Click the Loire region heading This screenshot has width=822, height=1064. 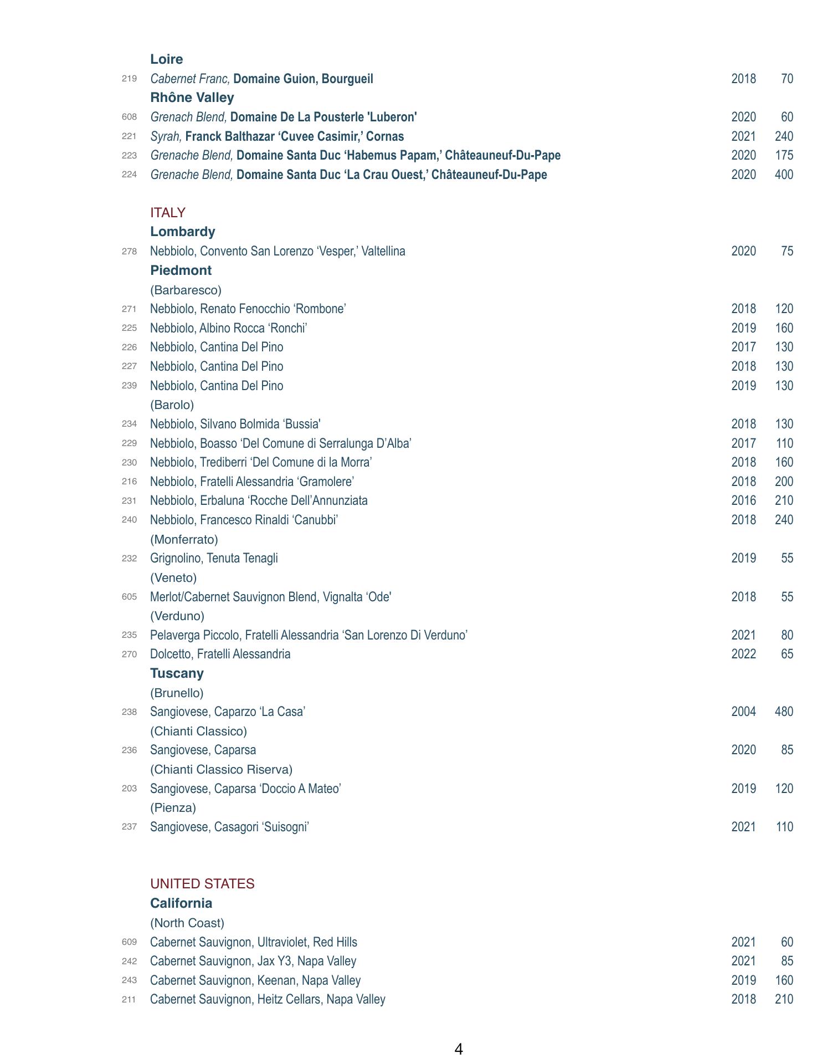pyautogui.click(x=166, y=59)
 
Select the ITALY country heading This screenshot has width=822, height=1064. pyautogui.click(x=167, y=213)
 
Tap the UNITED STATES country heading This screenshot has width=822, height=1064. pyautogui.click(x=202, y=884)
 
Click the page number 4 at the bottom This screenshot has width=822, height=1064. pyautogui.click(x=458, y=1049)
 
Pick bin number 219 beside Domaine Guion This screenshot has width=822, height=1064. pyautogui.click(x=129, y=79)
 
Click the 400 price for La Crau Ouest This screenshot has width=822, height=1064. pyautogui.click(x=784, y=175)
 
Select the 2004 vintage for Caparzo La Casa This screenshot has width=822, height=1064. pyautogui.click(x=743, y=712)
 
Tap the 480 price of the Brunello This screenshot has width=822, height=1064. pyautogui.click(x=784, y=712)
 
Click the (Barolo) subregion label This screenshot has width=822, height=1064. pyautogui.click(x=172, y=405)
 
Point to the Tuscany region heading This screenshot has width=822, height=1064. pyautogui.click(x=177, y=673)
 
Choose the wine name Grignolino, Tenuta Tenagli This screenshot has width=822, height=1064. pyautogui.click(x=214, y=558)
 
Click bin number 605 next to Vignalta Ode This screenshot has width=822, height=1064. pyautogui.click(x=129, y=597)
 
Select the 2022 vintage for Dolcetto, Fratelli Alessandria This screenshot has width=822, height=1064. pyautogui.click(x=743, y=654)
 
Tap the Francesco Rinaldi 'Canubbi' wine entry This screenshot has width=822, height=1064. pyautogui.click(x=244, y=520)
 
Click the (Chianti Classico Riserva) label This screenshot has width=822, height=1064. pyautogui.click(x=221, y=769)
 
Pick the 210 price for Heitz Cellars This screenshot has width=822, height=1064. pyautogui.click(x=784, y=999)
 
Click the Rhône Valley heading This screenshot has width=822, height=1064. pyautogui.click(x=192, y=98)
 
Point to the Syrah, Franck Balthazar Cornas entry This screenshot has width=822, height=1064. pyautogui.click(x=277, y=136)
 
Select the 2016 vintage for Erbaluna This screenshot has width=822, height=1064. pyautogui.click(x=743, y=500)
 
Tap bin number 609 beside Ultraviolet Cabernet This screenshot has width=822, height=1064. pyautogui.click(x=129, y=942)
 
